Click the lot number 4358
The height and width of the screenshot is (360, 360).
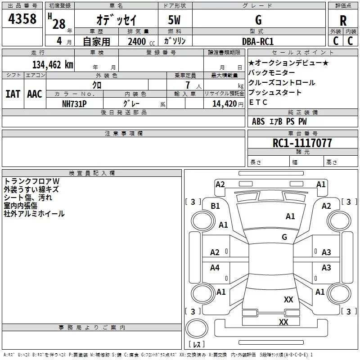[x=22, y=19]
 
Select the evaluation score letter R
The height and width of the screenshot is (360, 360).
[x=343, y=21]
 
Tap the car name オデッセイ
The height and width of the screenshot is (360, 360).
[x=116, y=21]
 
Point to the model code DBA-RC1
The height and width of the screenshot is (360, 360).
[x=258, y=41]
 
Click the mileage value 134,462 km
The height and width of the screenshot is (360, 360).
[x=53, y=65]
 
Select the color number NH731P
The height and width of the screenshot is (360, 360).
[x=75, y=103]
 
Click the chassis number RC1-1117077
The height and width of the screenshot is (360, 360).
[x=302, y=143]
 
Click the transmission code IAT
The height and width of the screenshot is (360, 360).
[x=13, y=94]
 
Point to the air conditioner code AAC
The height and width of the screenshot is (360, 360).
[x=34, y=94]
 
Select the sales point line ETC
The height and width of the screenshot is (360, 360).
[x=258, y=102]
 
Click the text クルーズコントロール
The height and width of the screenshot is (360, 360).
[x=282, y=83]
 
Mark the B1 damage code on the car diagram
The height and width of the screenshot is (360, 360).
[x=216, y=206]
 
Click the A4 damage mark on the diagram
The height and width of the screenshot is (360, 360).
[x=215, y=268]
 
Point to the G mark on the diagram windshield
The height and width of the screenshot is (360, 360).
[x=284, y=237]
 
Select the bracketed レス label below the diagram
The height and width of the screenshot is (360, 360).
[x=197, y=345]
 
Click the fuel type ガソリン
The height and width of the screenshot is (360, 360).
[x=175, y=41]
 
